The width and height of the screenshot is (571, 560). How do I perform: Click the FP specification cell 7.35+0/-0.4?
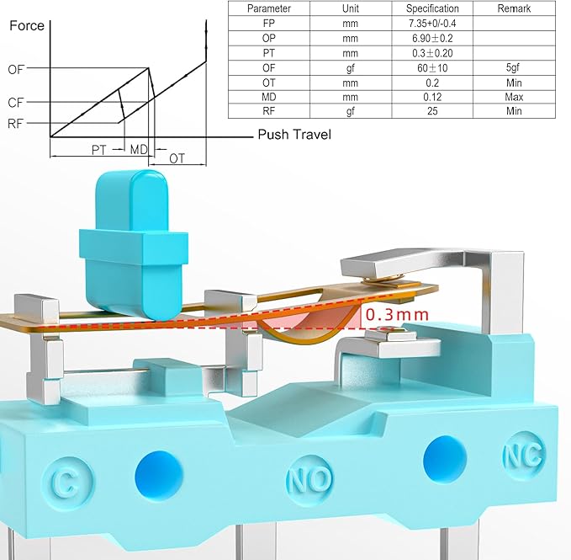point(432,24)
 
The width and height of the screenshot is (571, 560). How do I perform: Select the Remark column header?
point(514,8)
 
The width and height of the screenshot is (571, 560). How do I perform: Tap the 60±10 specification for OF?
point(432,68)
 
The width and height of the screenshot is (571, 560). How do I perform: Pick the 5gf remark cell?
point(513,67)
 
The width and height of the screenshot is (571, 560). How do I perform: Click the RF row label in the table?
point(269,111)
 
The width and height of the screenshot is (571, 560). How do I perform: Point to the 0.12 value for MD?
point(432,97)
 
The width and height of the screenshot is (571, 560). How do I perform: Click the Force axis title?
point(27,25)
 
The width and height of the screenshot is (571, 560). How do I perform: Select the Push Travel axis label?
point(294,135)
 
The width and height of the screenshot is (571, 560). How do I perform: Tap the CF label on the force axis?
point(16,103)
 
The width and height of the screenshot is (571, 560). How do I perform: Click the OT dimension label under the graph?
point(177,158)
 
